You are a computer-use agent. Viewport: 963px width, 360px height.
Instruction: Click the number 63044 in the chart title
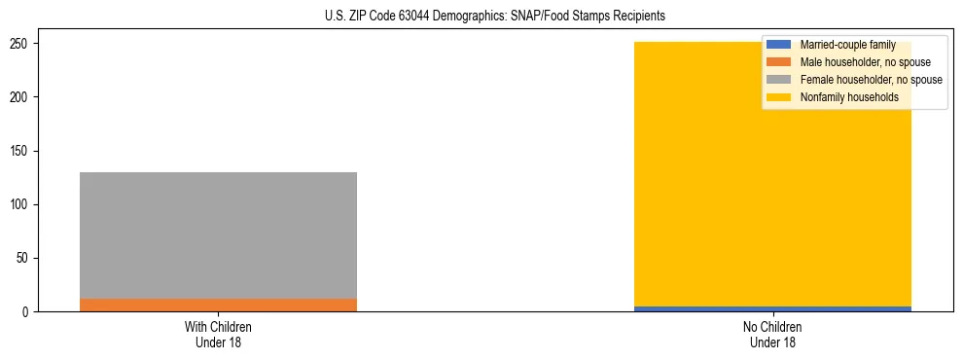(x=414, y=17)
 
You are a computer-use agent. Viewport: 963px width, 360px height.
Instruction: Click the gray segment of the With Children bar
(x=218, y=234)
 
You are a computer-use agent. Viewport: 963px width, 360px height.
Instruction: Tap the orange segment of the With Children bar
(x=218, y=305)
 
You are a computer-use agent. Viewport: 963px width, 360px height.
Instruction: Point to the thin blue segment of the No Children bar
(x=772, y=308)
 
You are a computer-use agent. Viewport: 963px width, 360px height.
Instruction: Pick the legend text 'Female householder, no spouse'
(x=871, y=80)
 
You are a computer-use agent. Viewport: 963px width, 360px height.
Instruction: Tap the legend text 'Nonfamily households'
(x=849, y=97)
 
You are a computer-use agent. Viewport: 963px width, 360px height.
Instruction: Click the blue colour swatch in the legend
(x=779, y=45)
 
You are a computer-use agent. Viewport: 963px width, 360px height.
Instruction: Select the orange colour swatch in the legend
(x=779, y=62)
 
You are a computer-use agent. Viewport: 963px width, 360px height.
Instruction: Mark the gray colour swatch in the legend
(x=779, y=80)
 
